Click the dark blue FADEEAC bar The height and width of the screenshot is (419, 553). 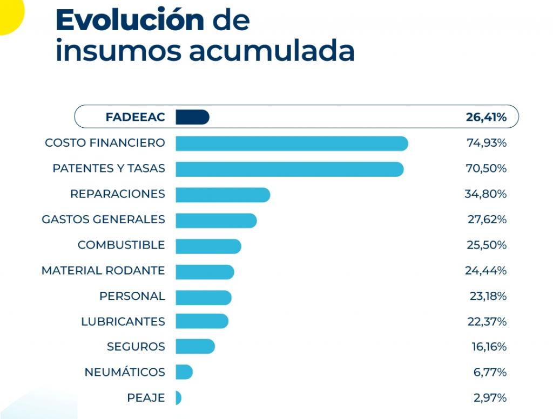point(192,117)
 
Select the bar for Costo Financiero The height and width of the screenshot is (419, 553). point(292,143)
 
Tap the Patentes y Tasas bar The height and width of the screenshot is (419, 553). point(289,169)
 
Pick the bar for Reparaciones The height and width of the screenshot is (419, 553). point(222,195)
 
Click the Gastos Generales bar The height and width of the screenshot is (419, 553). point(216,220)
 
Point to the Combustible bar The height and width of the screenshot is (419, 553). point(208,246)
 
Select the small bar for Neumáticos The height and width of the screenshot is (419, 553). point(184,372)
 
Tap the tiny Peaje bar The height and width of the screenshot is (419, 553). point(178,398)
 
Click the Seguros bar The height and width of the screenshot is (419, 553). point(195,346)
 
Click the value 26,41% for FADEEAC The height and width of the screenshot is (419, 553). point(486,117)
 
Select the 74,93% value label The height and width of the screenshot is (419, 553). point(487,143)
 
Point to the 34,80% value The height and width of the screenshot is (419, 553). point(485,194)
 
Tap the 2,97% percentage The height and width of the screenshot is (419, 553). point(490,398)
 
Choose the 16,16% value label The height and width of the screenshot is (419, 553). point(489,346)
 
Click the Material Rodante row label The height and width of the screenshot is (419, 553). point(103,270)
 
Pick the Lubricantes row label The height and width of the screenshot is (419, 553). point(123,321)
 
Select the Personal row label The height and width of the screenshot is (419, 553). point(132,296)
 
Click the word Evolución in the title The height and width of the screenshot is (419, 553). point(130,20)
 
